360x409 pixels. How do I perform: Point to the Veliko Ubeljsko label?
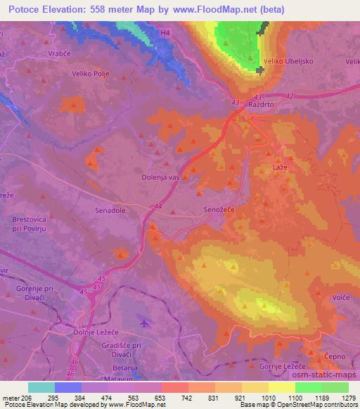coord(290,61)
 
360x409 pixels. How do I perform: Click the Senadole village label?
coord(111,210)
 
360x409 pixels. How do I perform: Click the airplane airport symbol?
coord(145,323)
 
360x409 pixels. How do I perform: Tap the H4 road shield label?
coord(165,32)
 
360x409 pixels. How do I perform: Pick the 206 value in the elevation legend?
coord(27,397)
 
